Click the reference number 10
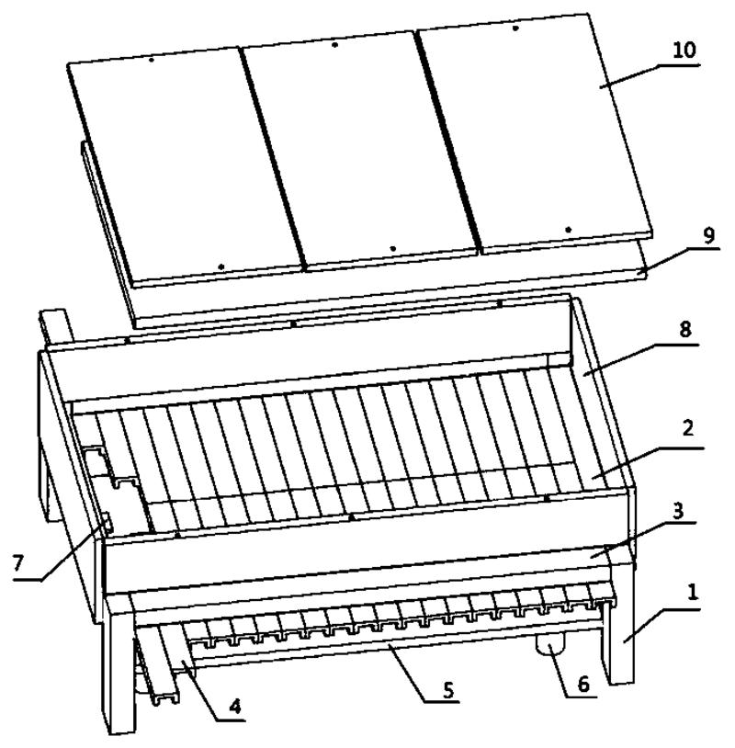tap(684, 51)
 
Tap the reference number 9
tap(709, 235)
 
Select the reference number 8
tap(684, 329)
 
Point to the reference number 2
tap(688, 428)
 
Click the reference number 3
tap(677, 511)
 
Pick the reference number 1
tap(693, 593)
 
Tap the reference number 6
tap(583, 685)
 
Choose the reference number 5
tap(448, 690)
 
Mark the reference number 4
tap(234, 707)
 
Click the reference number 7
tap(18, 563)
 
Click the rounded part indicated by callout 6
tap(550, 644)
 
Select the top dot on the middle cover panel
tap(334, 45)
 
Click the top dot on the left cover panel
tap(152, 60)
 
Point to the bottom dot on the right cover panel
tap(568, 230)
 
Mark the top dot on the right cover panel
tap(515, 28)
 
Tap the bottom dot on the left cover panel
tap(220, 266)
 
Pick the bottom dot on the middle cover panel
tap(392, 248)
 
